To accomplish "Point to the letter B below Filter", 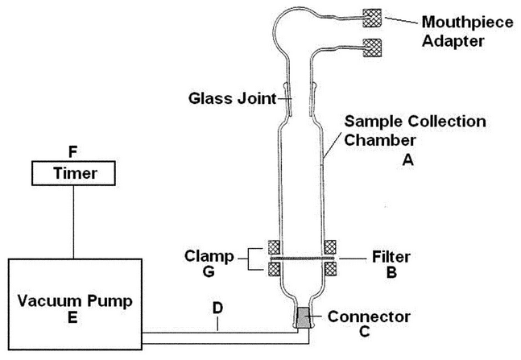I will tap(392, 273).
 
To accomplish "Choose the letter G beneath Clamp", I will tap(209, 273).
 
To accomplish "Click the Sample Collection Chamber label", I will tap(414, 130).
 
